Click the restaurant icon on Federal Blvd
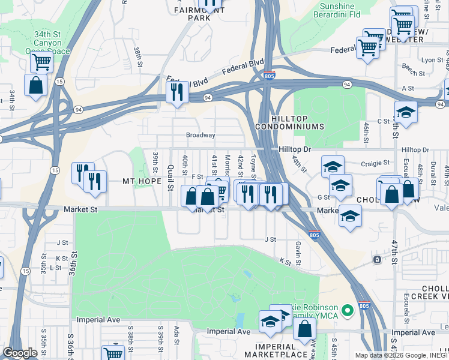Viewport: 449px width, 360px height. click(176, 92)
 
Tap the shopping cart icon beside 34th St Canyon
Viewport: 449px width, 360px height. click(41, 61)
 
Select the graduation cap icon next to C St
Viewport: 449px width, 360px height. click(406, 112)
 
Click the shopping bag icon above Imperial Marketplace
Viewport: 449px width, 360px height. click(305, 329)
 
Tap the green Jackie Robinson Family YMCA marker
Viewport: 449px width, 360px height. click(346, 311)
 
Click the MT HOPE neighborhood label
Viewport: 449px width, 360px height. click(142, 181)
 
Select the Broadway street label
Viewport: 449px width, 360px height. click(200, 135)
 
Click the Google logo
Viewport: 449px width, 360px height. click(20, 353)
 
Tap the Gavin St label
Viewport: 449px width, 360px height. click(298, 247)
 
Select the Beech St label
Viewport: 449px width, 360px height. click(413, 67)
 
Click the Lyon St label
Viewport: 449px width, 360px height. click(432, 60)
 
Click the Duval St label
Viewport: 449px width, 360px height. click(432, 174)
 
